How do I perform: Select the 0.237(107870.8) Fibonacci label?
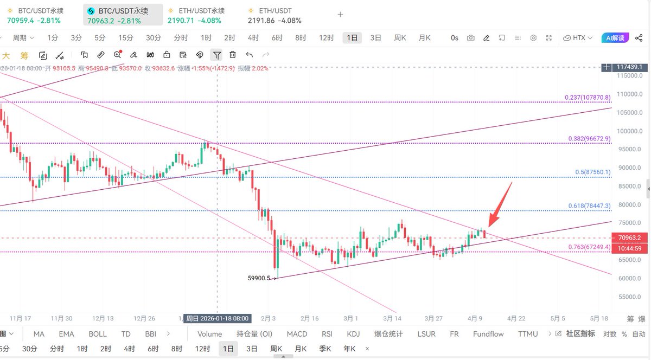point(588,98)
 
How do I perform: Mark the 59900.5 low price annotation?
point(259,278)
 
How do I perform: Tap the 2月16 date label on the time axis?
point(309,318)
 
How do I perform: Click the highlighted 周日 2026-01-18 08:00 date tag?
point(216,318)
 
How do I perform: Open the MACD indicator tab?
point(297,334)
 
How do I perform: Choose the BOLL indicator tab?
point(98,334)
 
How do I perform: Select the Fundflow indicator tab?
point(488,334)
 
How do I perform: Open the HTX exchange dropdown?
point(578,38)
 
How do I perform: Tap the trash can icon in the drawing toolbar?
point(233,55)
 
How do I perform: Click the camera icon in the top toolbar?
point(471,38)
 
